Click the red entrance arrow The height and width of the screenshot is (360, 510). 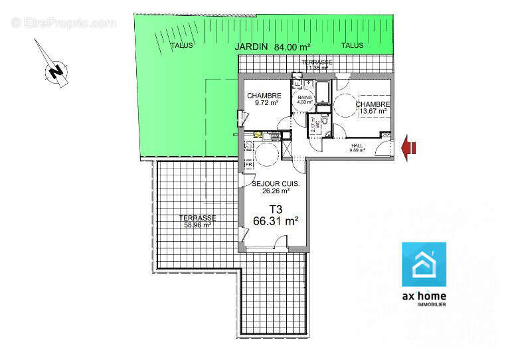pos(409,149)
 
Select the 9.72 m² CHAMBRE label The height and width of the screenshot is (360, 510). pos(264,100)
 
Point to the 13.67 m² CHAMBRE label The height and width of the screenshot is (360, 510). pos(372,108)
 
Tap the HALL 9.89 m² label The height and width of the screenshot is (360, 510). pos(358,147)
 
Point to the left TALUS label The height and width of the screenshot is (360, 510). pos(181,46)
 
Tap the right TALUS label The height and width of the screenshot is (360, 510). pos(353,46)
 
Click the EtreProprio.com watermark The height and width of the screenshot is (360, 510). pos(64,23)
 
